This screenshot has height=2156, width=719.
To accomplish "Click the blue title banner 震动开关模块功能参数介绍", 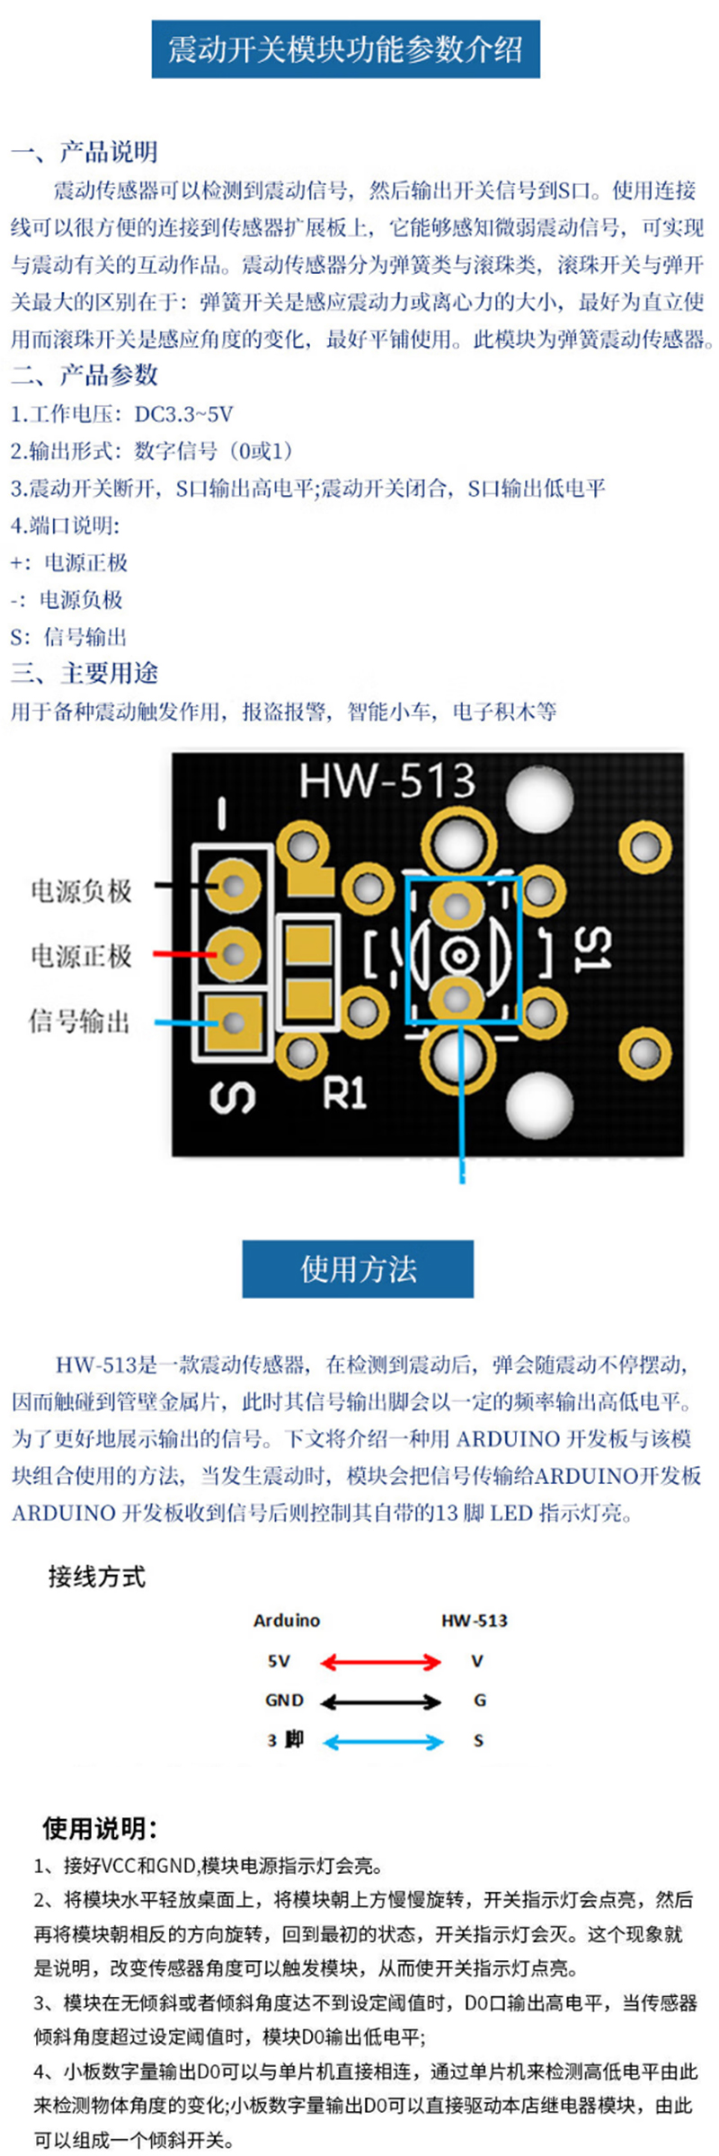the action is click(345, 49).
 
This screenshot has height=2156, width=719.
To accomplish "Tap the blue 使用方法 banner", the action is click(358, 1268).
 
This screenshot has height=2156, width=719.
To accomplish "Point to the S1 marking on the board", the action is click(593, 950).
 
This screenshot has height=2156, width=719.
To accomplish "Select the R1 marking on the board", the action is click(345, 1093).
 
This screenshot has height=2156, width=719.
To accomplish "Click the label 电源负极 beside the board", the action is click(82, 890).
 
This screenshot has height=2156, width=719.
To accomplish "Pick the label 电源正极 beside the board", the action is click(82, 955).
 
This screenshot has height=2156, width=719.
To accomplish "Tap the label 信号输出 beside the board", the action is click(80, 1021).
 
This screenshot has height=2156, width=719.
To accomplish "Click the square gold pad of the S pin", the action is click(234, 1021).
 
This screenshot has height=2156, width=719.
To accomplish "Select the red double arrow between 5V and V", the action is click(381, 1662).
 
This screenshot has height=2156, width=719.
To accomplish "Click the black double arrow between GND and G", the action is click(381, 1701).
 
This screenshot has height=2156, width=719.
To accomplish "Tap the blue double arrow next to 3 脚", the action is click(383, 1742).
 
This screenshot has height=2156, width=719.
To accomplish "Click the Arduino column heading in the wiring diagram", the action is click(287, 1621).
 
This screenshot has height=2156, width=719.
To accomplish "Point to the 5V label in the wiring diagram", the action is click(279, 1661).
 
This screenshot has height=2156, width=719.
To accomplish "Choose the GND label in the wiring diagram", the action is click(284, 1701).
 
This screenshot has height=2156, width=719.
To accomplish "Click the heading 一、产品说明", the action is click(84, 152).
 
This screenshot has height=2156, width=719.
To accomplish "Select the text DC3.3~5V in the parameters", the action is click(184, 414).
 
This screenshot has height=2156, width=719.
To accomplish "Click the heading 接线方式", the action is click(97, 1577).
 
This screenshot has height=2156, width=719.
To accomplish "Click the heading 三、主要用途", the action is click(84, 673).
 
